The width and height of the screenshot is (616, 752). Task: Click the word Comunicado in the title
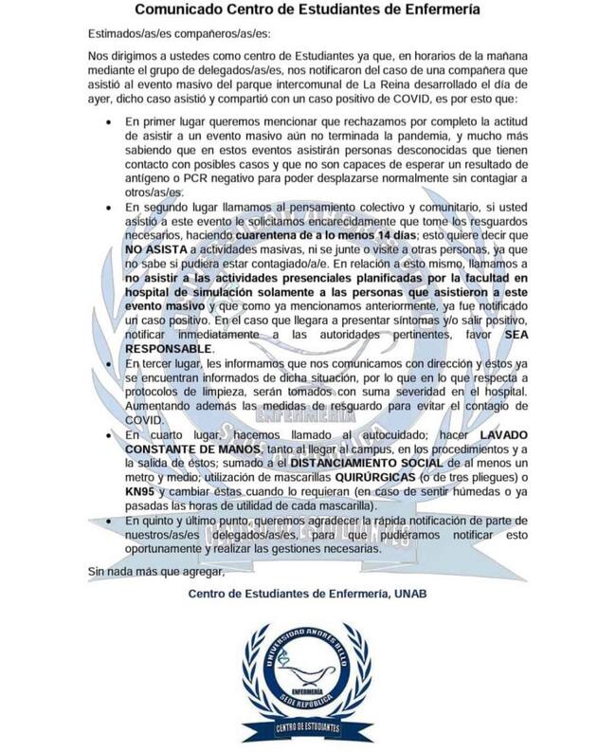coord(177,11)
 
